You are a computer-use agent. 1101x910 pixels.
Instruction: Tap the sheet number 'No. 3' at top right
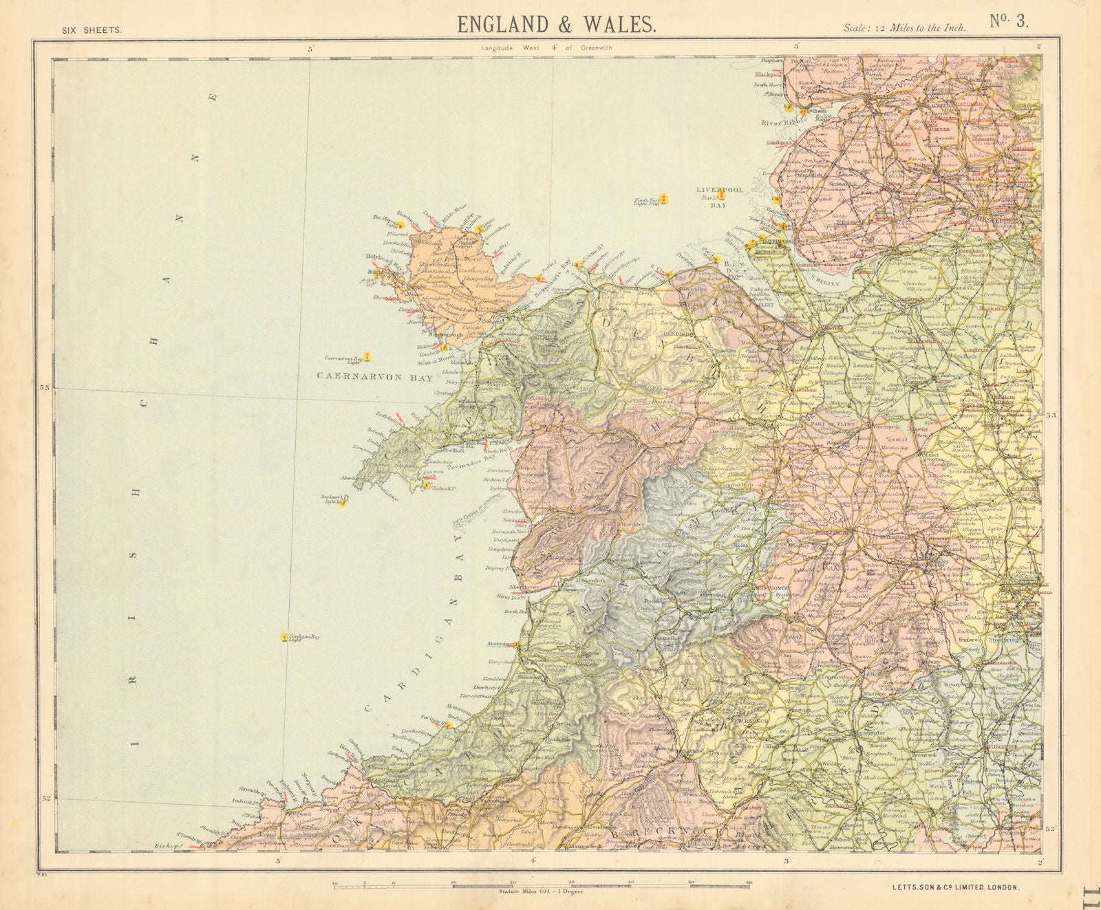point(1009,21)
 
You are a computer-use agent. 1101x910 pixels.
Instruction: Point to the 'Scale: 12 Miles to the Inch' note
point(904,28)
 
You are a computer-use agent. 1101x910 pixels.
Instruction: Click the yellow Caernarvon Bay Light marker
point(367,356)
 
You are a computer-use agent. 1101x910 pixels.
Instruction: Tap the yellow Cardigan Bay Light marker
point(284,638)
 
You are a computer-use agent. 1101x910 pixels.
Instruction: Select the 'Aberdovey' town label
point(522,586)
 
